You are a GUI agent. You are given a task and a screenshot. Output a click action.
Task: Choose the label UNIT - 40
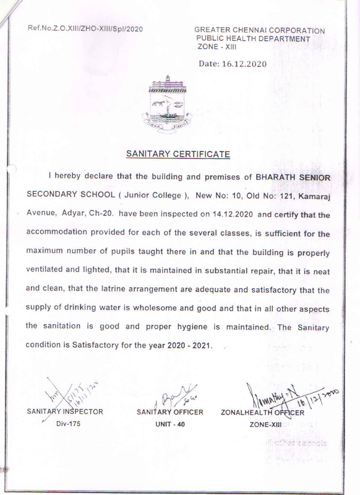pyautogui.click(x=168, y=426)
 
